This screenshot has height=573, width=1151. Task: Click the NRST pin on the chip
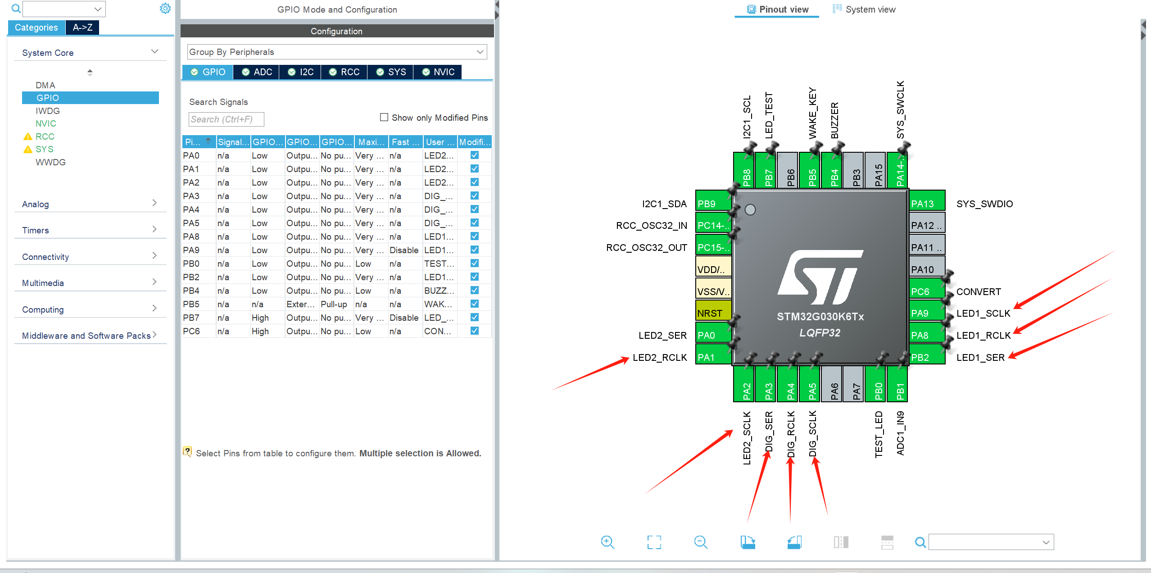[713, 313]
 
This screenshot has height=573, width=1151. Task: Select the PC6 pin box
[927, 291]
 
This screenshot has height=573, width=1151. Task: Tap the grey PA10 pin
[927, 269]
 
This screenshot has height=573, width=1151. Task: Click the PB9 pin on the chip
[713, 204]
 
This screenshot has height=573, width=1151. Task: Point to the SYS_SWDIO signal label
[984, 204]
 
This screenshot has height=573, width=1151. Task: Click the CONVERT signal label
[979, 292]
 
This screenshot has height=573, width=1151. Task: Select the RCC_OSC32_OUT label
[647, 248]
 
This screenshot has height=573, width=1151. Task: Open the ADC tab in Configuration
[257, 72]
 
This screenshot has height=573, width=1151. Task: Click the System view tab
[864, 9]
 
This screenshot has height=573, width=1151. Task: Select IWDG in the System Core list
[48, 111]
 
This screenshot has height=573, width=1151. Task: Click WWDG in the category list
[50, 162]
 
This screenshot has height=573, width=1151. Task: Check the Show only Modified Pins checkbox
[384, 117]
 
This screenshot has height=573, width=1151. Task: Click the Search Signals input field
[226, 119]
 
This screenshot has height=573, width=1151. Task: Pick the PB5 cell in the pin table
[191, 304]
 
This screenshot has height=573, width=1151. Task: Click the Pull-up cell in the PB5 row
[334, 304]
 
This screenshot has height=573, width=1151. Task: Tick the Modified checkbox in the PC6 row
[474, 331]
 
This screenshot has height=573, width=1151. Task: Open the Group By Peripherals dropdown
[337, 52]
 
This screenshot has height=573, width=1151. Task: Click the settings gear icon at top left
[165, 9]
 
